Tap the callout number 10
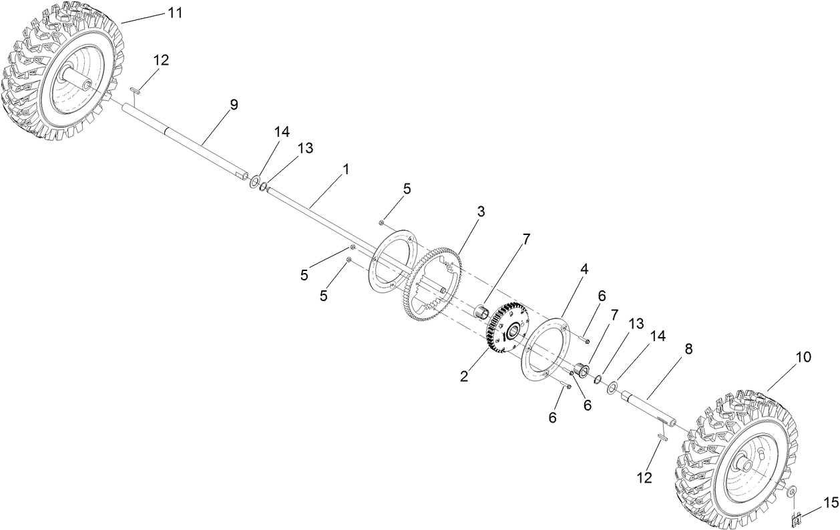pos(803,358)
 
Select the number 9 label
pos(233,105)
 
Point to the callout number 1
pos(345,170)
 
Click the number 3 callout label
pos(480,212)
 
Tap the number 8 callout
pos(688,348)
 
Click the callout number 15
pos(829,501)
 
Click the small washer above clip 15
pos(791,493)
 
